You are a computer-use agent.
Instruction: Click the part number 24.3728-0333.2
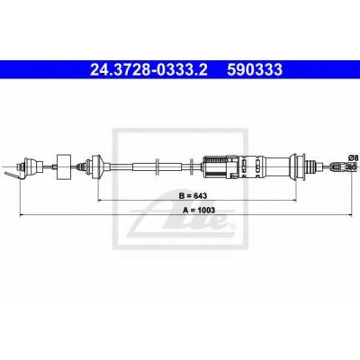coord(148,69)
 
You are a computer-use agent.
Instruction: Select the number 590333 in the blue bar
coord(255,69)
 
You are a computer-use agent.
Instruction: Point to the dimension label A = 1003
coord(199,210)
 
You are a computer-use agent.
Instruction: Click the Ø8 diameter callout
coord(353,157)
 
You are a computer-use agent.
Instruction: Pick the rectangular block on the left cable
coord(64,166)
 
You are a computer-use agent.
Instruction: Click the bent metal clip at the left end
coord(13,175)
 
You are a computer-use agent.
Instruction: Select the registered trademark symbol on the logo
coord(231,226)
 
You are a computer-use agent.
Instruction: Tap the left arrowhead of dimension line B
coord(101,200)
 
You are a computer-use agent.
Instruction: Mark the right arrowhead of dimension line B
coord(294,200)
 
